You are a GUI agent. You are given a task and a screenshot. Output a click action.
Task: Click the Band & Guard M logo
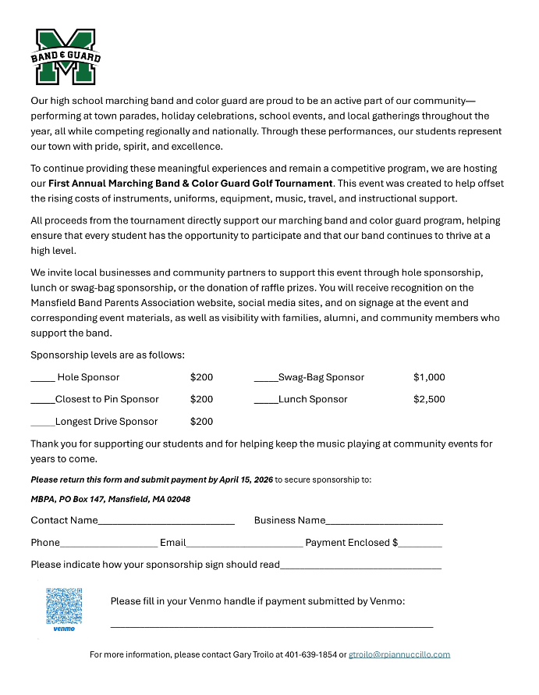65,57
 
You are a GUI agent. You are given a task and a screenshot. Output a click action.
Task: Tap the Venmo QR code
64,606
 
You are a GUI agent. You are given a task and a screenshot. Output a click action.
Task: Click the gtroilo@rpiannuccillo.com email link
399,654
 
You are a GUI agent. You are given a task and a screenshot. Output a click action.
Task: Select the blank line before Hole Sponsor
42,380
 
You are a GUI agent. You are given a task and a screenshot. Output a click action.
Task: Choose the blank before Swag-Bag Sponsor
266,380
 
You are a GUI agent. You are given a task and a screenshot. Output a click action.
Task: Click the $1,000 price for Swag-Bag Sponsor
429,377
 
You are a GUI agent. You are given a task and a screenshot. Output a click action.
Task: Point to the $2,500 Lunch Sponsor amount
429,399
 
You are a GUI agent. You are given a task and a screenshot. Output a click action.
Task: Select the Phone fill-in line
108,545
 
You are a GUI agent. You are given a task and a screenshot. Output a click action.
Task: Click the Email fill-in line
244,545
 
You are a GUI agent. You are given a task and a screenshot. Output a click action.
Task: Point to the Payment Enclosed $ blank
420,545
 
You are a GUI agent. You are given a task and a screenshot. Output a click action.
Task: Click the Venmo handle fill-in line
271,625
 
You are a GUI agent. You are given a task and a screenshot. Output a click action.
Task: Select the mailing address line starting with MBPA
110,499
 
